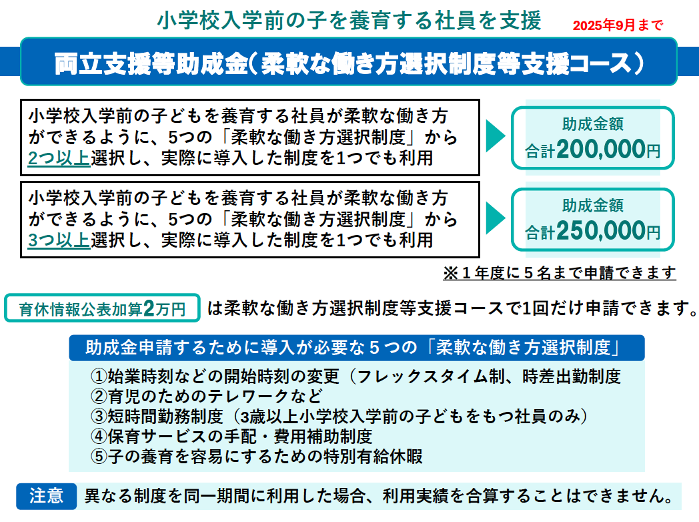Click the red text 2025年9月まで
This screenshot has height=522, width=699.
[x=618, y=25]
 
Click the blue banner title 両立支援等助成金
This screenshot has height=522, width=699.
[x=151, y=63]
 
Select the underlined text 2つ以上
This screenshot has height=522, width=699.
[x=59, y=158]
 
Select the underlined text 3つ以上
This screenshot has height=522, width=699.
[x=59, y=240]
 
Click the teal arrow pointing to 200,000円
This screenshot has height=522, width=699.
[x=495, y=136]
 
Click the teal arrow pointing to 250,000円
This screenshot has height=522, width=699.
[x=495, y=218]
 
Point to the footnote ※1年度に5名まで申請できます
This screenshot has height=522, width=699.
[x=560, y=272]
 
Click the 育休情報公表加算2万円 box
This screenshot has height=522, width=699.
[x=102, y=308]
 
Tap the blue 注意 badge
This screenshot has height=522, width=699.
[x=47, y=496]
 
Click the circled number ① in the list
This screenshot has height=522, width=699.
[x=98, y=376]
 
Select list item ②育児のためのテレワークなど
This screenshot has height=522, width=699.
[x=206, y=397]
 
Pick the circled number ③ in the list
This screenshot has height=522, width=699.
[x=98, y=417]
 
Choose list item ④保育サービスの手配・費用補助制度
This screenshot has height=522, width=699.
[x=231, y=437]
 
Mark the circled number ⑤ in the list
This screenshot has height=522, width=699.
[x=98, y=457]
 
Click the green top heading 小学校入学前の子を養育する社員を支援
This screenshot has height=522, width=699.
[x=349, y=21]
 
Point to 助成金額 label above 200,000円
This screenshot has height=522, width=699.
[x=593, y=124]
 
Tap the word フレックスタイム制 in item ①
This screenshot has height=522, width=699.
[x=431, y=376]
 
